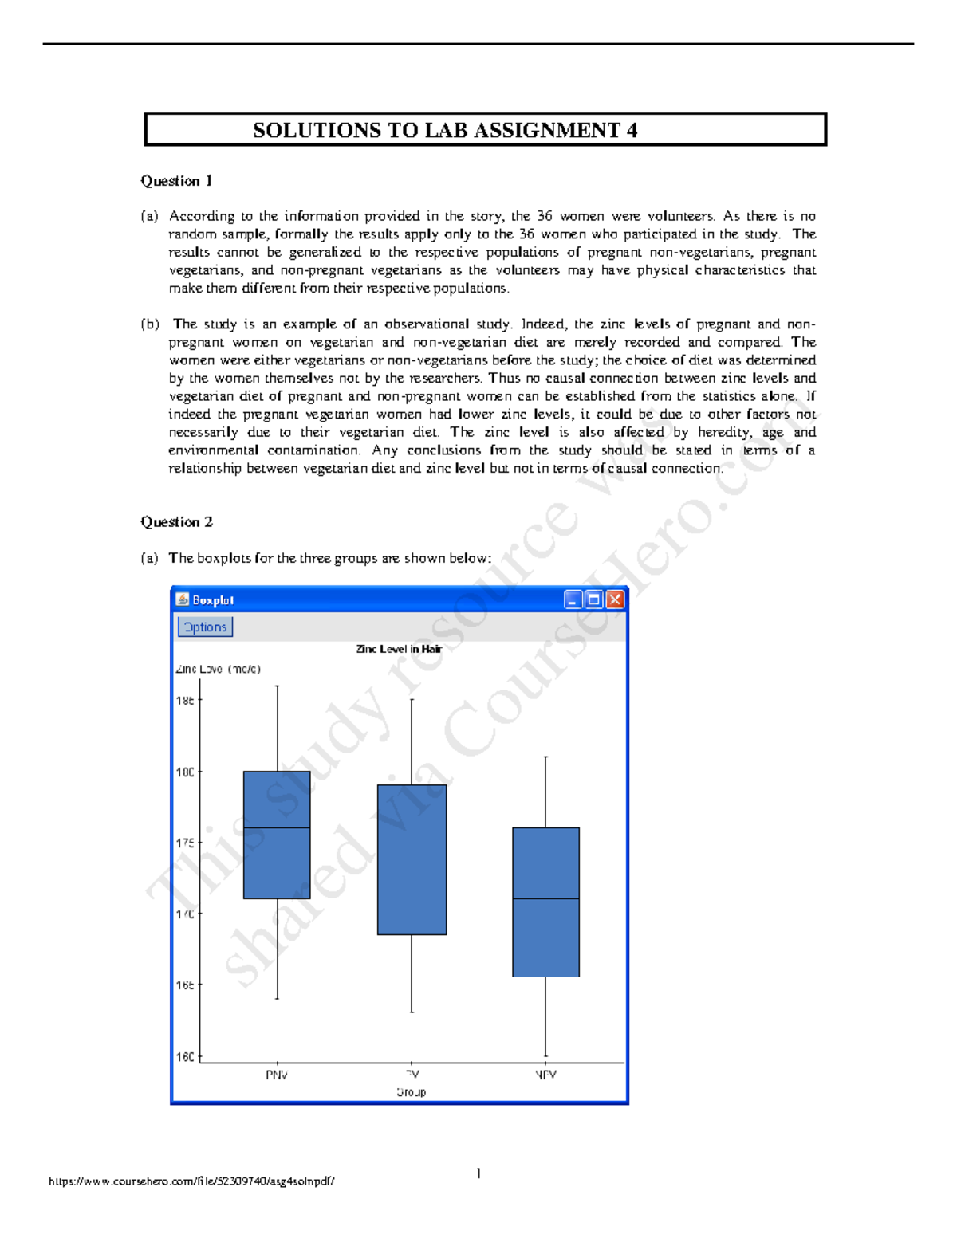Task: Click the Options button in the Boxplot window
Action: click(205, 627)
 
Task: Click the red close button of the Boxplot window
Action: click(615, 599)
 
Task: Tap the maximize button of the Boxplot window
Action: click(594, 599)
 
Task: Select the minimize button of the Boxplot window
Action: click(573, 599)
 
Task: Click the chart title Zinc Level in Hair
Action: click(399, 649)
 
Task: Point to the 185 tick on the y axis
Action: click(185, 700)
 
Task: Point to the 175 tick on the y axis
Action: click(185, 843)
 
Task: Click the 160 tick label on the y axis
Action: click(185, 1056)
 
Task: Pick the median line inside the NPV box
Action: click(545, 898)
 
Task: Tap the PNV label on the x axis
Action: click(277, 1075)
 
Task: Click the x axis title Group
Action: click(412, 1092)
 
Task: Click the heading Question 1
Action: click(176, 181)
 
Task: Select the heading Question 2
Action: click(176, 522)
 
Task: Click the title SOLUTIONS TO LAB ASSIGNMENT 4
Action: click(445, 130)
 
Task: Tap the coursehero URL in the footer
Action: click(191, 1181)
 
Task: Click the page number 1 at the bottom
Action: click(478, 1173)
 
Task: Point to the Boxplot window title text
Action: click(213, 600)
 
